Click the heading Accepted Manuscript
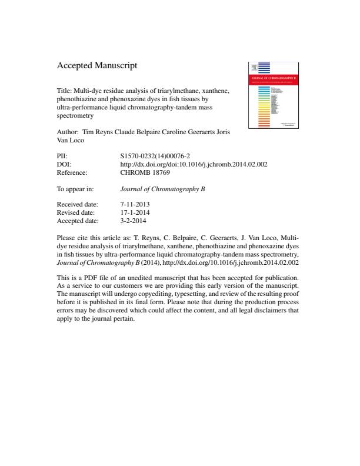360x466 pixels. click(x=97, y=66)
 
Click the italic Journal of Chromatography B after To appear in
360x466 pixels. click(x=162, y=190)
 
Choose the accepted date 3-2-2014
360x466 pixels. click(x=133, y=222)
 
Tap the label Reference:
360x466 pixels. click(x=72, y=174)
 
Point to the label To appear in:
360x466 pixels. click(x=75, y=190)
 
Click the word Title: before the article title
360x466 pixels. click(x=64, y=92)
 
